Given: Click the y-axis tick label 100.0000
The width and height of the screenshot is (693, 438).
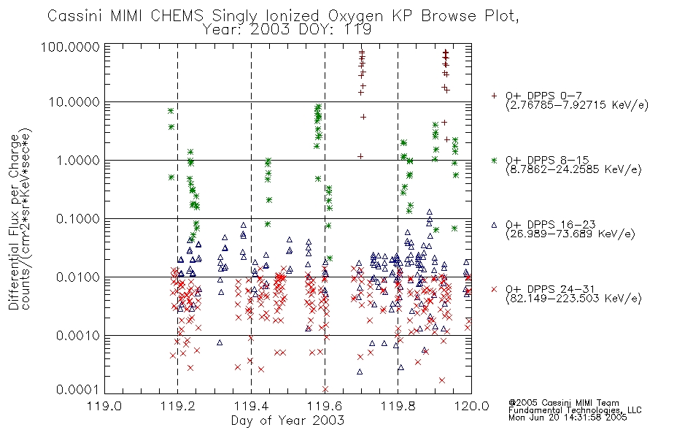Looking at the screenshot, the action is click(x=70, y=47).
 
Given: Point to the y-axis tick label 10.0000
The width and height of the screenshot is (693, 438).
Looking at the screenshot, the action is click(x=74, y=102).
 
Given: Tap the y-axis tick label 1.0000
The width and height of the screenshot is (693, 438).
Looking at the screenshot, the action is click(x=78, y=160).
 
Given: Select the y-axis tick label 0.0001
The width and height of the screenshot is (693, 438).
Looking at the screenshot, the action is click(x=78, y=389).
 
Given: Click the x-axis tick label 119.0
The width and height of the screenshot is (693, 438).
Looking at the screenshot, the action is click(x=104, y=406).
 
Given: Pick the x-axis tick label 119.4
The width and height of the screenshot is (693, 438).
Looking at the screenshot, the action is click(x=252, y=406).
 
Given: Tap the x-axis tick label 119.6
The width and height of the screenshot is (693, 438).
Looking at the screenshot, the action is click(x=325, y=406).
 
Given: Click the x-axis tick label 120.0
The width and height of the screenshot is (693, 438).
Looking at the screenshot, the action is click(x=471, y=406).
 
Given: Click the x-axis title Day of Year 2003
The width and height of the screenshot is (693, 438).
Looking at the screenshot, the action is click(x=287, y=420).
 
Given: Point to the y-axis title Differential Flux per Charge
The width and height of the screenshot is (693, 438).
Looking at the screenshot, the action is click(x=14, y=222).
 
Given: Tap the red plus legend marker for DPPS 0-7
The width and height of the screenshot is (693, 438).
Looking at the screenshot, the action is click(x=494, y=96).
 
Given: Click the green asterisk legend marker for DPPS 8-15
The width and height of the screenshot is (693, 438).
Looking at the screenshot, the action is click(x=494, y=160).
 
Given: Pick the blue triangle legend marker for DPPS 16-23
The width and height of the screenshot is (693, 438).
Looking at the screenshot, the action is click(x=494, y=225).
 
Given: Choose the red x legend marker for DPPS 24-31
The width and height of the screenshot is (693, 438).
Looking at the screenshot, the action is click(x=494, y=289).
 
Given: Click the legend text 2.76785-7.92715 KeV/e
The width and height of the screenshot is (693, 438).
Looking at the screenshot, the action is click(x=577, y=105).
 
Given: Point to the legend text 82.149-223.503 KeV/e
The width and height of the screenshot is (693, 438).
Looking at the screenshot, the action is click(x=573, y=299).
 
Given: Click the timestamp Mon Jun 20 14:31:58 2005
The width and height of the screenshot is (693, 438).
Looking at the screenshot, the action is click(x=568, y=418).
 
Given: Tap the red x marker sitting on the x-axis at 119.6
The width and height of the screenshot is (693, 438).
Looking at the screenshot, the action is click(x=325, y=389).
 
